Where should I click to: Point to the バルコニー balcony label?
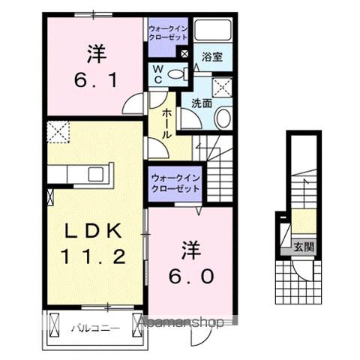(92, 328)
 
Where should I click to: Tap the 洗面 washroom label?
(201, 103)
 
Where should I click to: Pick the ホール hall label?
(166, 122)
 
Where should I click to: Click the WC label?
(158, 73)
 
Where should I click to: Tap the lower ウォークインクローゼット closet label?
(174, 183)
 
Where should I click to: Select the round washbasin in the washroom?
(223, 118)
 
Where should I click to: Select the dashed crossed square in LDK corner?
(58, 132)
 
